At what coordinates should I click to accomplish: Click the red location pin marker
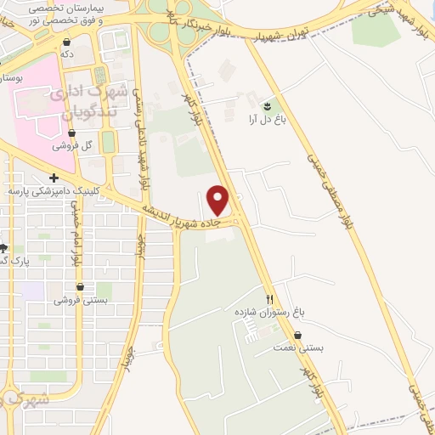[218, 200]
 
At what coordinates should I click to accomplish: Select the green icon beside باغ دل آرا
[268, 105]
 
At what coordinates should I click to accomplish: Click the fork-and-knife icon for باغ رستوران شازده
[270, 298]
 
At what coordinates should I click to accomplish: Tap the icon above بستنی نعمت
[298, 334]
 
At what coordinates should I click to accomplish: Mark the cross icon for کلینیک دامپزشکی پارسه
[54, 178]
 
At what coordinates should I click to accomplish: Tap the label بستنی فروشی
[82, 300]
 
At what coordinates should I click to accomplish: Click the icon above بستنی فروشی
[86, 286]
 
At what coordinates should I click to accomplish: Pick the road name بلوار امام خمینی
[78, 239]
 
